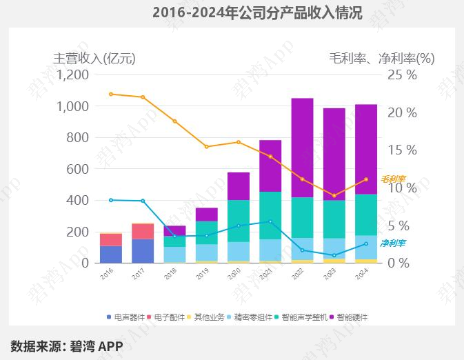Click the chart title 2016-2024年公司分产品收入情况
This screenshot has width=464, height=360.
pos(257,12)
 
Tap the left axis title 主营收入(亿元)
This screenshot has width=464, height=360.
pos(94,59)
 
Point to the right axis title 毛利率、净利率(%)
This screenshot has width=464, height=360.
pos(382,59)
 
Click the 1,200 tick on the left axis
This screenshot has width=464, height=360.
pos(73,75)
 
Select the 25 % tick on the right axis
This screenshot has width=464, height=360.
pos(402,75)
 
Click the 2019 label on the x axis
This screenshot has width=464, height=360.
pos(203,274)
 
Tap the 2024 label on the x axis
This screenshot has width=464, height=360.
pos(361,274)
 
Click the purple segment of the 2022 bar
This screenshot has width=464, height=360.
pos(302,148)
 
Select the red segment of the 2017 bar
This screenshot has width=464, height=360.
pos(143,232)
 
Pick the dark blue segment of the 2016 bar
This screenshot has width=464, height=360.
pos(111,254)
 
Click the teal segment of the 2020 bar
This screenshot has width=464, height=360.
pos(239,221)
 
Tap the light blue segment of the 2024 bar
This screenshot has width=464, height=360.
pos(366,248)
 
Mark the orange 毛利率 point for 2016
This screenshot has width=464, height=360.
pos(111,94)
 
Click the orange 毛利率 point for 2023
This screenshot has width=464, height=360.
pos(334,196)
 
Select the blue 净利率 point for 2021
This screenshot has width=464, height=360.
pos(270,221)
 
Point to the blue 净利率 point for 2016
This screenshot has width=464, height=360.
pos(111,200)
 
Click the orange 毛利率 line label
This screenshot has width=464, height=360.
pos(393,179)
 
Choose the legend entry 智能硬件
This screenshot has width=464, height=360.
pos(349,317)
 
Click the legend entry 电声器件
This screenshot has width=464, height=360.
pos(125,317)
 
